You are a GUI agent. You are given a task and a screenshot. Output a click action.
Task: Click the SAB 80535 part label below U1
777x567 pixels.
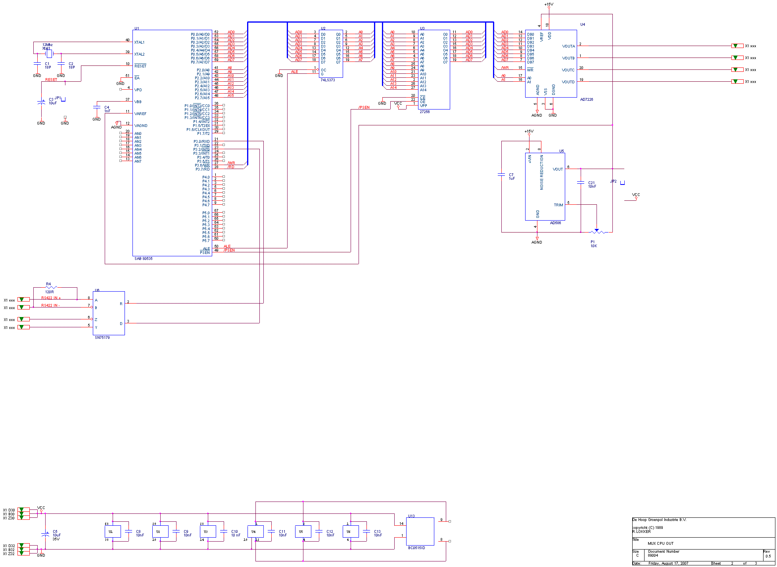click(x=143, y=258)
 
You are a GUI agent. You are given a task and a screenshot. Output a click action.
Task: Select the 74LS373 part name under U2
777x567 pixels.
click(x=328, y=80)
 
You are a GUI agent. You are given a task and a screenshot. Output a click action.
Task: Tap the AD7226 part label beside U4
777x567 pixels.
click(x=587, y=99)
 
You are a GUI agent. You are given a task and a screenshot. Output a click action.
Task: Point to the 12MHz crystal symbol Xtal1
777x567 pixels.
click(x=49, y=53)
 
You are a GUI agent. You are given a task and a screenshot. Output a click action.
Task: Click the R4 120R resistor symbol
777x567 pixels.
click(x=51, y=287)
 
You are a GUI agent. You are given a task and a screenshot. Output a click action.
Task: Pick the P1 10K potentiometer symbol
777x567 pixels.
click(x=597, y=232)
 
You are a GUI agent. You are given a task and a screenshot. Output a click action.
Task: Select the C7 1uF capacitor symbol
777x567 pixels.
click(x=501, y=175)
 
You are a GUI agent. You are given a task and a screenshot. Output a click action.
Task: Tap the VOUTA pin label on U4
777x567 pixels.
click(x=568, y=46)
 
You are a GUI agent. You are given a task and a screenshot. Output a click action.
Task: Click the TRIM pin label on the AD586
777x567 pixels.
click(x=558, y=205)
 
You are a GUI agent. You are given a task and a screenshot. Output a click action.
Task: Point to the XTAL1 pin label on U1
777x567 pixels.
click(x=139, y=42)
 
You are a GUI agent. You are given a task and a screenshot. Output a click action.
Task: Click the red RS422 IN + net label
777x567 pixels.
click(x=51, y=298)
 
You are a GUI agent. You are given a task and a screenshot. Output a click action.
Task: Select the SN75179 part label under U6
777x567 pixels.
click(x=102, y=337)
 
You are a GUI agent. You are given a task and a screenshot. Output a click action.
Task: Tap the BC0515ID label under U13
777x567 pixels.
click(x=416, y=548)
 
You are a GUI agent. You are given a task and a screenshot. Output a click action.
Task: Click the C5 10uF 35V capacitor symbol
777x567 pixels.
click(x=45, y=534)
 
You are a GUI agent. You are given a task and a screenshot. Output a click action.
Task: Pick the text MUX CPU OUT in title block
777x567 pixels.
click(x=660, y=543)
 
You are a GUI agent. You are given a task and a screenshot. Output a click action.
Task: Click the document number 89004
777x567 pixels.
click(x=653, y=555)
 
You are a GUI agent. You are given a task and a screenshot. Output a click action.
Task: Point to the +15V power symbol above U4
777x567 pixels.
click(x=549, y=5)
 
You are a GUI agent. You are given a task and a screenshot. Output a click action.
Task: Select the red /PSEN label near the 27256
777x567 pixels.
click(x=364, y=107)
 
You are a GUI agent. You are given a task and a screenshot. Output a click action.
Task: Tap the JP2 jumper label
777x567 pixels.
click(x=613, y=181)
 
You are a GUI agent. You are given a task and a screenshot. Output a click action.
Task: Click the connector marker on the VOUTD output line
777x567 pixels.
click(x=737, y=81)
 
